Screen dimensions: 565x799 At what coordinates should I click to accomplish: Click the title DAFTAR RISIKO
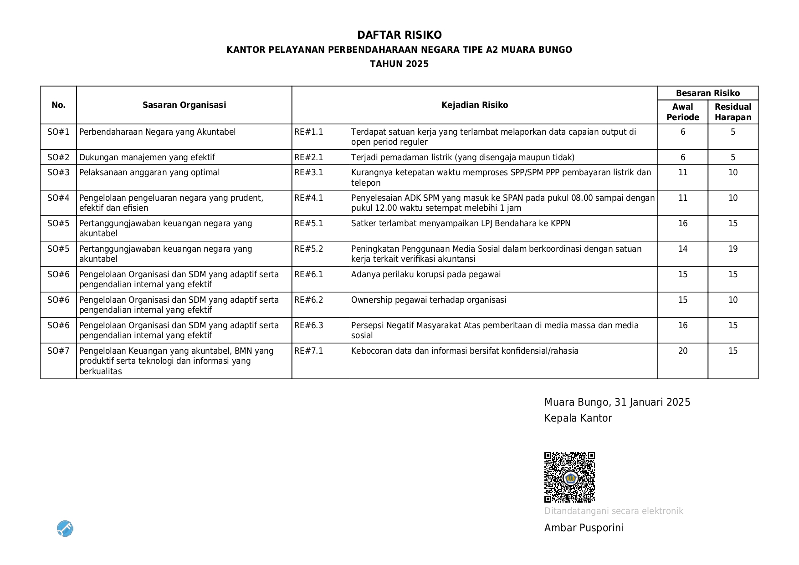(x=399, y=35)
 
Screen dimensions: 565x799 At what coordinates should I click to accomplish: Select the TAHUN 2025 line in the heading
(x=399, y=64)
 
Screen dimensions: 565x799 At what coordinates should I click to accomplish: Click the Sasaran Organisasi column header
(x=184, y=105)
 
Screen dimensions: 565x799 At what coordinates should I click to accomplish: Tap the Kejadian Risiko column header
(x=474, y=105)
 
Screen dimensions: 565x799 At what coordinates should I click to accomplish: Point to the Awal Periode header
(x=682, y=112)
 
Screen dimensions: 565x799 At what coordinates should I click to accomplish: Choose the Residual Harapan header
(x=732, y=112)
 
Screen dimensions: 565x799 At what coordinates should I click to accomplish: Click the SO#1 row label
(x=58, y=132)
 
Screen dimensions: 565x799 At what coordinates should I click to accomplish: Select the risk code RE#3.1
(x=308, y=173)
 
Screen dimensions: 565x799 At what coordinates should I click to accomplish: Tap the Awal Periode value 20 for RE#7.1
(x=682, y=351)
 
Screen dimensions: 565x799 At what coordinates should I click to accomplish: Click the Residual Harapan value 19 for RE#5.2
(x=732, y=249)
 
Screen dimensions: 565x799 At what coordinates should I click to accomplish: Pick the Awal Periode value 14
(x=682, y=249)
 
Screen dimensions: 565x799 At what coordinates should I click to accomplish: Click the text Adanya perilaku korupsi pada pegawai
(x=425, y=275)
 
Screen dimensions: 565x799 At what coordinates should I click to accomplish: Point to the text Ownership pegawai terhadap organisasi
(x=428, y=300)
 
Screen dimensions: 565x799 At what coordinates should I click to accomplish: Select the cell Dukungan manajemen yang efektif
(x=147, y=158)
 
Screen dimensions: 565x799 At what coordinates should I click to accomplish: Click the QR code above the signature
(x=569, y=477)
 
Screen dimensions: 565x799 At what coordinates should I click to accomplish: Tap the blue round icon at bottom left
(x=65, y=529)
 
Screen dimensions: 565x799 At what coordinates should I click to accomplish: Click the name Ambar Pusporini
(x=584, y=528)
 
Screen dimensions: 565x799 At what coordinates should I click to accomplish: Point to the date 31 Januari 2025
(x=652, y=402)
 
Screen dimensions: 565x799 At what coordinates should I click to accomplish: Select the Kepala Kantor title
(x=578, y=418)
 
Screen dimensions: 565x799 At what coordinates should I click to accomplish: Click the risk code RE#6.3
(x=308, y=326)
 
